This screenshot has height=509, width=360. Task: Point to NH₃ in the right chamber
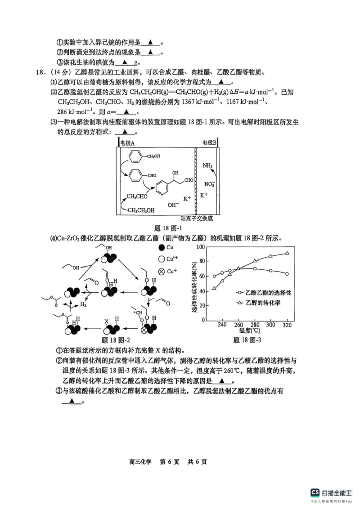pos(207,165)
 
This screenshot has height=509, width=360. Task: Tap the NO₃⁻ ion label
pos(210,184)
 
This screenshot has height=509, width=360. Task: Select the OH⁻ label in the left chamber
pos(173,205)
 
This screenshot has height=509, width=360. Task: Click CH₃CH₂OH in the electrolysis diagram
pos(141,210)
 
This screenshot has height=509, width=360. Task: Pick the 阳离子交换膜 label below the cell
pos(196,219)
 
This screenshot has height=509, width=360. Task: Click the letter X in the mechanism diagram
pos(107,322)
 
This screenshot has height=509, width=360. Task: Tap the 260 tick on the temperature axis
pos(238,325)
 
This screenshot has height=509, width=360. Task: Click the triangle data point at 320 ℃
pos(287,253)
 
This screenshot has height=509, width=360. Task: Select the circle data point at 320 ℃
pos(287,274)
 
